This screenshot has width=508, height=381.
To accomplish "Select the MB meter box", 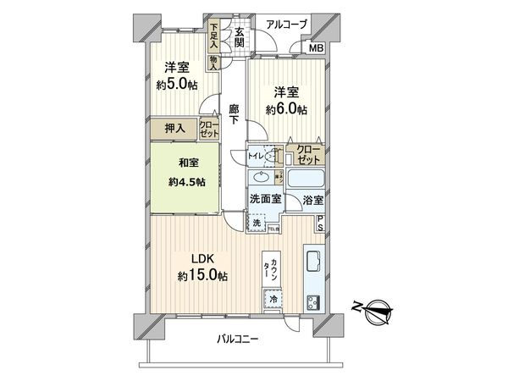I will (316, 47).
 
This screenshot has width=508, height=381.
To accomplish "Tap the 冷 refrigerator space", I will (275, 299).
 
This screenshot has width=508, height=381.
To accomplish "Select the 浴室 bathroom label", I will (312, 201).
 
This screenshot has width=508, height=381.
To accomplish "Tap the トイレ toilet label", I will (256, 156).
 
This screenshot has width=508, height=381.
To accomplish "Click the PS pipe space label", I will (321, 224).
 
